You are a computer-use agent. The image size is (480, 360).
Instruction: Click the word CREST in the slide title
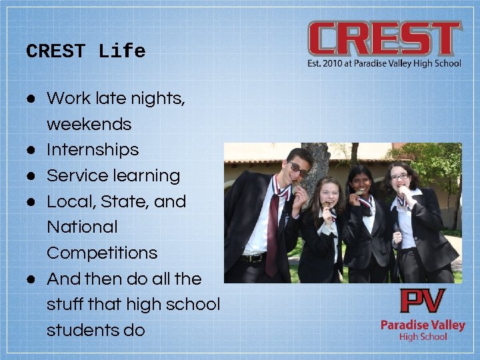(56, 51)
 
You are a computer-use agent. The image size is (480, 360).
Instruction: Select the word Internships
(93, 149)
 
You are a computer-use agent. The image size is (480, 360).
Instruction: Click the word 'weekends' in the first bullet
(89, 124)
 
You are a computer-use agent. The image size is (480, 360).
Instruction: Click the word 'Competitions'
(102, 253)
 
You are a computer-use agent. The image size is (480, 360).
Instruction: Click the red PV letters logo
(422, 302)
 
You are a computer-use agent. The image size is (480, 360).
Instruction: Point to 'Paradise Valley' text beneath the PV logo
(423, 325)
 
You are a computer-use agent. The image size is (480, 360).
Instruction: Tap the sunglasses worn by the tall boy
(298, 169)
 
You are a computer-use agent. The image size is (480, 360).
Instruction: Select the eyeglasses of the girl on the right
(399, 177)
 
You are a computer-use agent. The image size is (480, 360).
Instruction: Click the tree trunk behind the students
(320, 163)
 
